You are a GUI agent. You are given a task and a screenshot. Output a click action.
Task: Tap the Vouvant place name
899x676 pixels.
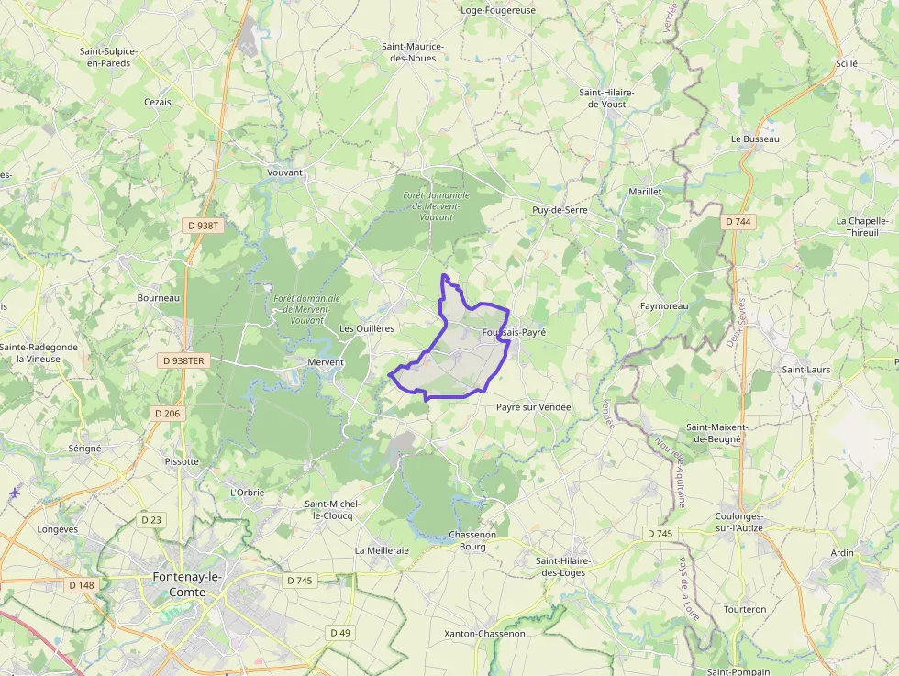tap(284, 172)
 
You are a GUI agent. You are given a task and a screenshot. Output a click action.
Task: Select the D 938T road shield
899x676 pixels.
tap(204, 225)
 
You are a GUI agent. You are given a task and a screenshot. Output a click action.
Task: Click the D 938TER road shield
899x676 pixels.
tap(183, 361)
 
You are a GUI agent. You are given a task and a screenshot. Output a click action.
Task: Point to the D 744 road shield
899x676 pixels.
tap(738, 222)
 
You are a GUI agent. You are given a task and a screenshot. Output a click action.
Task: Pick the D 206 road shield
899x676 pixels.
tap(168, 414)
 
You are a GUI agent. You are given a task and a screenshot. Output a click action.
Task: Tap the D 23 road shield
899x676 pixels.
tap(151, 520)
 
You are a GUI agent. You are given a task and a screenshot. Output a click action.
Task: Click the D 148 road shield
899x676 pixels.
tap(82, 585)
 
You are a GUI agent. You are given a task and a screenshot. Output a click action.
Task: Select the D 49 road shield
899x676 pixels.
tap(340, 633)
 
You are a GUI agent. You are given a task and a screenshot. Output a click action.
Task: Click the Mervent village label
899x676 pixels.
tap(326, 362)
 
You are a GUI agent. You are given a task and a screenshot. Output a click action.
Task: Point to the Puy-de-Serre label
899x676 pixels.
tap(560, 210)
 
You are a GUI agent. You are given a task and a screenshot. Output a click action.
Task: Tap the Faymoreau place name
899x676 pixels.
tap(663, 305)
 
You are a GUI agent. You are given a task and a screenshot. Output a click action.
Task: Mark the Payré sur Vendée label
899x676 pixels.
tap(533, 407)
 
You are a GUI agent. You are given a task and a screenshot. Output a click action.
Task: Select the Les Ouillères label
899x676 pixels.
tap(367, 328)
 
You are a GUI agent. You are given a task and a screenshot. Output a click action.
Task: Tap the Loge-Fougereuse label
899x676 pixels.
tap(498, 11)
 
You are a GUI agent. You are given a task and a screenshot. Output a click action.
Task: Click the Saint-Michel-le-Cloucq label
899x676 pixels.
tap(332, 510)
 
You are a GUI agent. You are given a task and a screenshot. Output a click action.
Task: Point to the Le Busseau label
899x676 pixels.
tap(755, 139)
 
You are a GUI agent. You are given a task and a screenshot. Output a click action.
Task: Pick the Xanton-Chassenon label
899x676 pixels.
tap(484, 634)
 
